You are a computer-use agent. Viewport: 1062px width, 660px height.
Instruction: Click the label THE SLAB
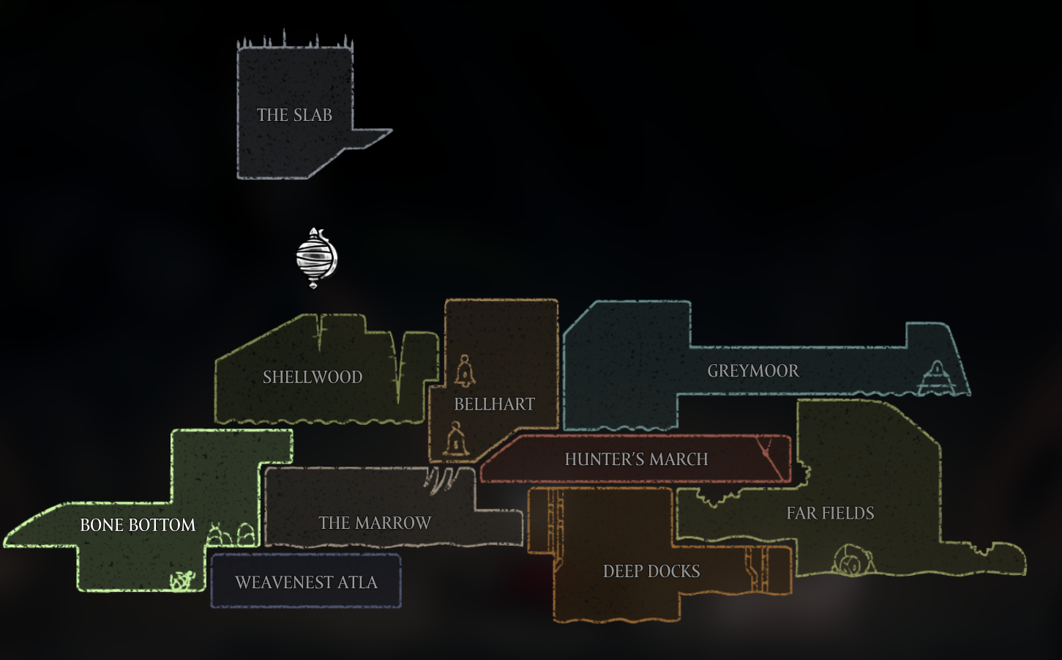(x=294, y=115)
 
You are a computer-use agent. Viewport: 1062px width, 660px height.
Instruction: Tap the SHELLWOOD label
(x=313, y=377)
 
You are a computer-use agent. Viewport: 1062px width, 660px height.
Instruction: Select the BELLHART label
(x=494, y=404)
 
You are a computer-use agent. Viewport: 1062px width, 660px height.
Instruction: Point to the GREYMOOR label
(x=753, y=371)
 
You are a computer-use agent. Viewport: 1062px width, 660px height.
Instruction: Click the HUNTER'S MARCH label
(x=636, y=459)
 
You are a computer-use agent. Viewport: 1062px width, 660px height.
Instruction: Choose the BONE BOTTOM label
(x=138, y=525)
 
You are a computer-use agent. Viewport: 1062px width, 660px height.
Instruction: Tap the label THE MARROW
(x=375, y=523)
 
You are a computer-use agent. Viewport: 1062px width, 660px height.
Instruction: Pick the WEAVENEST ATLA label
(x=306, y=582)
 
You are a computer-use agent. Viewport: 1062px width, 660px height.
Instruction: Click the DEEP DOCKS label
(x=651, y=571)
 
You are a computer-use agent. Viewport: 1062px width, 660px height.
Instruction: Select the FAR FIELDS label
(x=830, y=513)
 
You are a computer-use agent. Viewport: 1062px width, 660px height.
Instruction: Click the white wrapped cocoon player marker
(x=316, y=258)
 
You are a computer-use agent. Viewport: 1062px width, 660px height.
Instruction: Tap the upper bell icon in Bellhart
(x=465, y=371)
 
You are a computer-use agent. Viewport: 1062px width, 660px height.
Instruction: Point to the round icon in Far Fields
(x=852, y=561)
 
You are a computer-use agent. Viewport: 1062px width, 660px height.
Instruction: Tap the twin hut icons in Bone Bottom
(x=231, y=535)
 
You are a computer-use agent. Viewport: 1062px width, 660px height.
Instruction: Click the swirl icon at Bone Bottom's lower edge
(x=182, y=581)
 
